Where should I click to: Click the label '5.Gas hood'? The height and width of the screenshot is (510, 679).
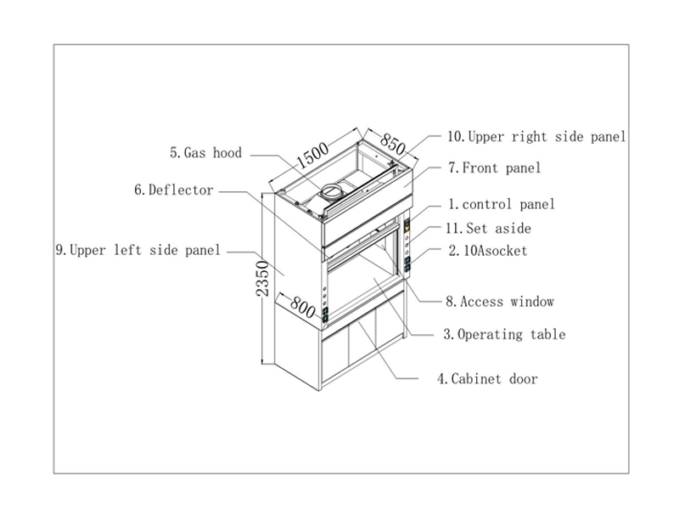206,154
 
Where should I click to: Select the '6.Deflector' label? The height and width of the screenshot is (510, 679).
174,190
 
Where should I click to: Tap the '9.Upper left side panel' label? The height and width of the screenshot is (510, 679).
137,250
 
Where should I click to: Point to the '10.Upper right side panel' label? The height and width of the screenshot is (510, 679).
536,136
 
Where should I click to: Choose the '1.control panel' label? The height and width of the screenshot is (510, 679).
502,204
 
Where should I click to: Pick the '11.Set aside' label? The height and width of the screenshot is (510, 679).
489,228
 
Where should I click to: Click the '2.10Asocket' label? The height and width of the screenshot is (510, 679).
488,251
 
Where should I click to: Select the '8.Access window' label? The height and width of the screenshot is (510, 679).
501,301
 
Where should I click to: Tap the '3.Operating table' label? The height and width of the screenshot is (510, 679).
504,334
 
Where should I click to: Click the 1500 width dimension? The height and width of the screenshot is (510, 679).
312,155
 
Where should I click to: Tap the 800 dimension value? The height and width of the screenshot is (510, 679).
302,303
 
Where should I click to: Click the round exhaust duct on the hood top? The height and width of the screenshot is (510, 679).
334,190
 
